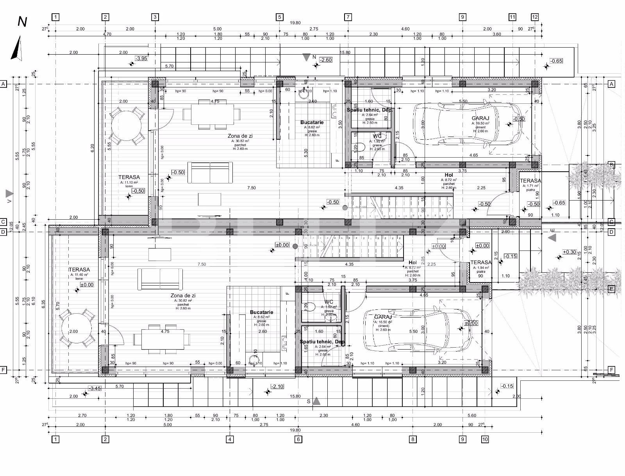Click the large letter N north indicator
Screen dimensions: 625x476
(x=22, y=22)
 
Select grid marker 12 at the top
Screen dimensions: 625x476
(x=535, y=17)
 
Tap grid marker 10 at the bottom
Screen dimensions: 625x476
(x=485, y=439)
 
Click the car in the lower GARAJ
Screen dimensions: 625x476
(x=417, y=330)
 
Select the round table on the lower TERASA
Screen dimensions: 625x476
(x=77, y=328)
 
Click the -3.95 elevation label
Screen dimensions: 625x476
(x=141, y=59)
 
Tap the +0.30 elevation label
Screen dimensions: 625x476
(x=570, y=252)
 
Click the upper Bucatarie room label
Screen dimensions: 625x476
(x=312, y=123)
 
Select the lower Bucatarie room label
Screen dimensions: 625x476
(x=261, y=313)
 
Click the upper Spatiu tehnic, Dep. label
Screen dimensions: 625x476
(x=370, y=110)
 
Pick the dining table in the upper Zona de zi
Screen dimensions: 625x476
(x=211, y=114)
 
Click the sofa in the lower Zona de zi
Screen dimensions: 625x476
(x=160, y=279)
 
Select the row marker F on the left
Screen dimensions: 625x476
(x=4, y=370)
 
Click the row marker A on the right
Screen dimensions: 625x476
(x=611, y=84)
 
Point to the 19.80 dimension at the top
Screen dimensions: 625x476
(x=295, y=23)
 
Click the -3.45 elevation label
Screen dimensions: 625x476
(x=95, y=388)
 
